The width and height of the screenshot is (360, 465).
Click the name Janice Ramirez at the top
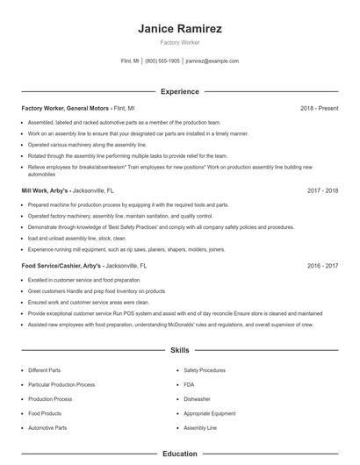tap(179, 28)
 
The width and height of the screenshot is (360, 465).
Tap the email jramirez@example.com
tap(212, 61)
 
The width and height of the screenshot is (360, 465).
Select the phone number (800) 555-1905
tap(162, 61)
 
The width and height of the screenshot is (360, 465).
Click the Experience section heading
tap(179, 91)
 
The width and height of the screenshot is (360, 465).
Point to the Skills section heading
tap(179, 350)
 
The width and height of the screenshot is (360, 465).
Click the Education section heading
tap(179, 454)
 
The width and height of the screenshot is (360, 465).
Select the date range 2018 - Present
tap(319, 108)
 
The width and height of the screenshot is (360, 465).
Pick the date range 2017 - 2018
tap(323, 190)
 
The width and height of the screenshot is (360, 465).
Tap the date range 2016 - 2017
tap(323, 264)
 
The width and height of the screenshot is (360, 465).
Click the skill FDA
tap(189, 384)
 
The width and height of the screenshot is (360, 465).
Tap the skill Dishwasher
tap(197, 398)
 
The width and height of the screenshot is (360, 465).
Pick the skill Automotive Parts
tap(47, 427)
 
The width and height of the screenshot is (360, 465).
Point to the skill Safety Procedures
tap(205, 370)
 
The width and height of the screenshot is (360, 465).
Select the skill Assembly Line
tap(200, 427)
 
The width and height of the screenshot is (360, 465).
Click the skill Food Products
tap(45, 413)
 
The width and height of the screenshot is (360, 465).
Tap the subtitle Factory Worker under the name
tap(179, 43)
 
